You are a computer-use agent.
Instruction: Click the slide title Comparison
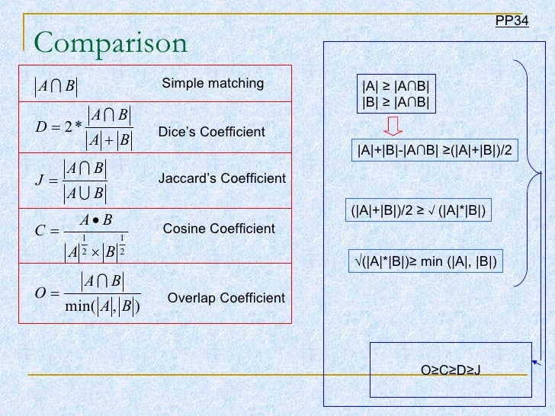coord(111,43)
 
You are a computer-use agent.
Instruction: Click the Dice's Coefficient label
coord(211,132)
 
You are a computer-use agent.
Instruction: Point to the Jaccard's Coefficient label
coord(222,179)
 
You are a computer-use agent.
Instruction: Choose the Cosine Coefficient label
coord(219,229)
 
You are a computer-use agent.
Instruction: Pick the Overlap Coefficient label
coord(226,298)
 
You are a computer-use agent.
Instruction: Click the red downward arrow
coord(393,126)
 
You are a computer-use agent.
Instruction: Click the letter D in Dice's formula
coord(41,126)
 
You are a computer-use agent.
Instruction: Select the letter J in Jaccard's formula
coord(40,180)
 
